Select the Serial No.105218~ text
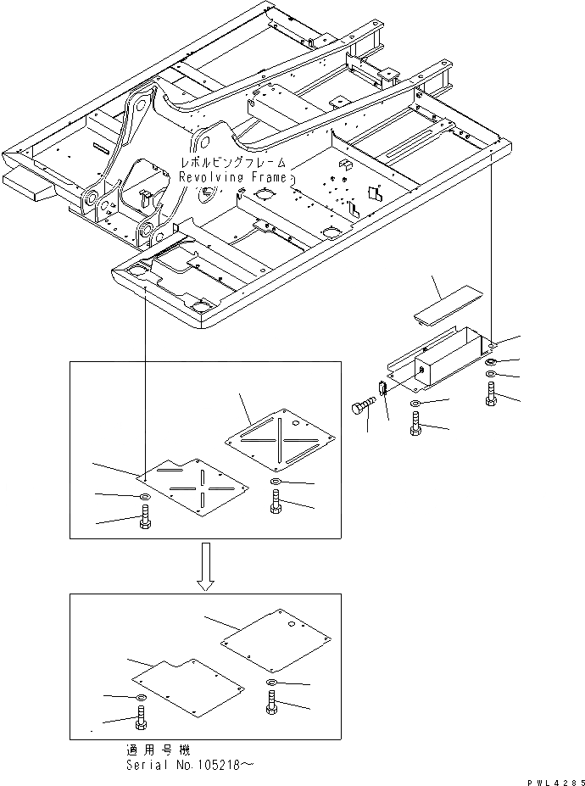coord(187,765)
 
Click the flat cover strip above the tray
coord(445,306)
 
